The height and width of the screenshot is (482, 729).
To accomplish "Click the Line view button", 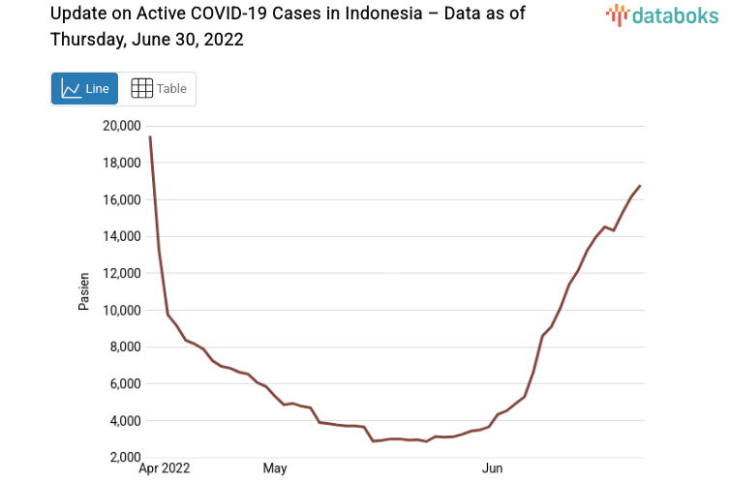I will pos(85,88).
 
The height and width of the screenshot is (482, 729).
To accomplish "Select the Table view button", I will pos(159,88).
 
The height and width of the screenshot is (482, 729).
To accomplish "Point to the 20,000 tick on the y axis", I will pos(121,126).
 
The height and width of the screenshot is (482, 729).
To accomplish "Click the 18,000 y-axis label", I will pos(121,163).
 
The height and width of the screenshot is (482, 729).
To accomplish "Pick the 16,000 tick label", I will pos(121,199).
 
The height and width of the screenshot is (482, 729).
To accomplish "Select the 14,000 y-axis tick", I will pos(121,236).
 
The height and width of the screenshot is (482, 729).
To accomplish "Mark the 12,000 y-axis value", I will pos(121,273).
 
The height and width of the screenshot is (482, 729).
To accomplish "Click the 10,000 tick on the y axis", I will pos(121,310).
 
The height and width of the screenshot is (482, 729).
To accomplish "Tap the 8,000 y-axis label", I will pos(124,346).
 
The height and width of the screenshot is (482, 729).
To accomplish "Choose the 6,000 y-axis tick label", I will pos(124,383).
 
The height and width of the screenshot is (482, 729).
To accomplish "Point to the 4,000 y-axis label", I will pos(124,420).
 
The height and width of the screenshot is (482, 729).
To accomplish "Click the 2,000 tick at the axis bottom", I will pos(124,457).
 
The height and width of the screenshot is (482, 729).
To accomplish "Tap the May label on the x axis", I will pos(275,469).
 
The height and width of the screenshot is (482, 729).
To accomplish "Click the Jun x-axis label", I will pos(493,469).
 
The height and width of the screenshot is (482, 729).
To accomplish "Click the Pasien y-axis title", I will pos(84,291).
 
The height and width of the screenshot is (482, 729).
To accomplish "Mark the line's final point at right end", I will pos(640,185).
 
